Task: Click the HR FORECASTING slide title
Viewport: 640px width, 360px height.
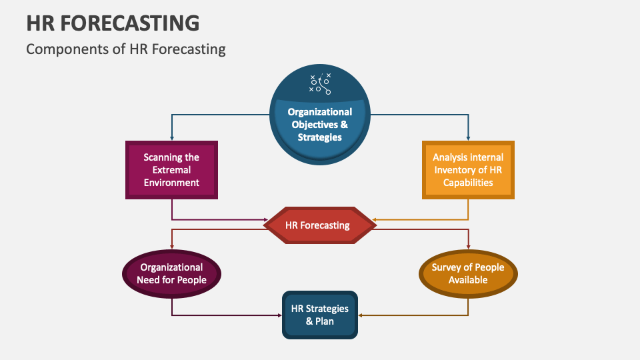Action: [113, 23]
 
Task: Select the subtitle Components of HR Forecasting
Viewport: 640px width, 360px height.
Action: [125, 49]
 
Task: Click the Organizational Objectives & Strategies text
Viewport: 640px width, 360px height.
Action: [319, 125]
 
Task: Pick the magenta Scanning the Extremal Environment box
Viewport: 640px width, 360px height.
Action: [171, 170]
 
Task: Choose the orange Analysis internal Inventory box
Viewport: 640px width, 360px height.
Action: [468, 170]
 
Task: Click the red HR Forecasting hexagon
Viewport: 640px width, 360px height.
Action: [319, 225]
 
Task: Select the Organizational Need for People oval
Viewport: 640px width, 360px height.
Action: [171, 273]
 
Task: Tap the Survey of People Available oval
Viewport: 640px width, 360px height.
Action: [468, 273]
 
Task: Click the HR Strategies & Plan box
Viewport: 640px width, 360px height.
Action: [319, 315]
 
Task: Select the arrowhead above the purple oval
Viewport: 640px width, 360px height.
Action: [171, 247]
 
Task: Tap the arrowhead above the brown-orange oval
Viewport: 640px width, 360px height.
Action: [468, 247]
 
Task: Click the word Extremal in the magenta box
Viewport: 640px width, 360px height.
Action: [171, 170]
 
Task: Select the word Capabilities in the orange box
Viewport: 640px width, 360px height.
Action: [468, 182]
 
